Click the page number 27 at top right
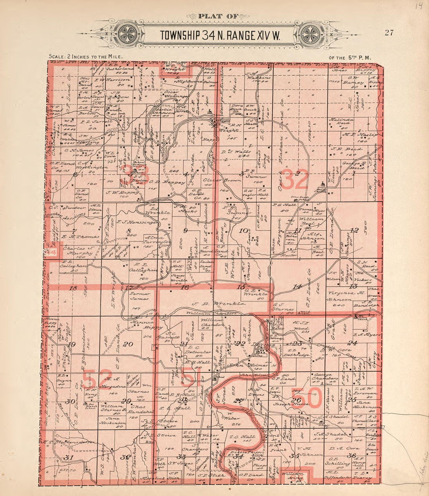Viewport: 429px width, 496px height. click(x=389, y=32)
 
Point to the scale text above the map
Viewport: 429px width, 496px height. click(x=86, y=57)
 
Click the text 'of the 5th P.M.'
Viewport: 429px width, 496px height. click(x=349, y=57)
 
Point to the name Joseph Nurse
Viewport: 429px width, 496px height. click(x=294, y=404)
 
